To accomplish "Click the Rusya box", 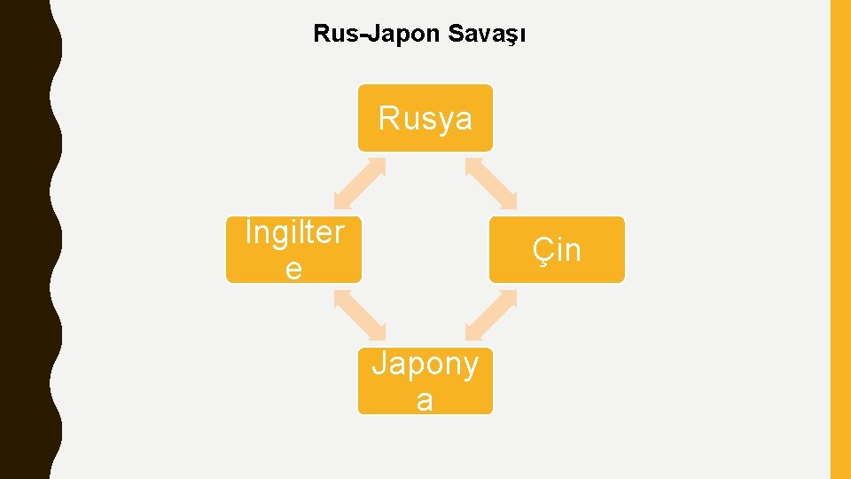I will coord(425,118).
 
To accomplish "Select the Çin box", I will coord(557,250).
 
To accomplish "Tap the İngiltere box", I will coord(293,250).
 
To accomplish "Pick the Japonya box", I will coord(425,381).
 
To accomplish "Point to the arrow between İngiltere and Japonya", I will coord(359,316).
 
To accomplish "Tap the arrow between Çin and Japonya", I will coord(491,316).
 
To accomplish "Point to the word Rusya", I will coord(425,118).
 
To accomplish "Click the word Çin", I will coord(557,250).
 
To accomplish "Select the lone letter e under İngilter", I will coord(293,269).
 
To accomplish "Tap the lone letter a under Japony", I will coord(425,401).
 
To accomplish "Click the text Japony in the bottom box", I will coord(425,364).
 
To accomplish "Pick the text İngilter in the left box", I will coord(294,232).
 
